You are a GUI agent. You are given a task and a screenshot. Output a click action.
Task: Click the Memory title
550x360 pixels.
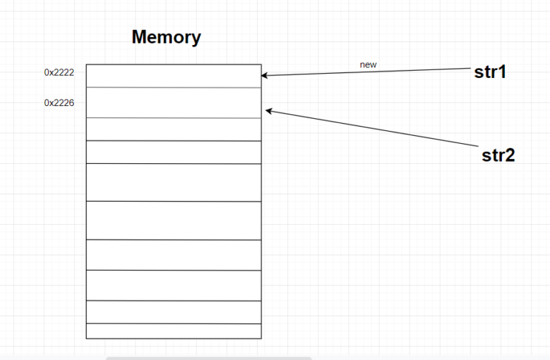pos(166,38)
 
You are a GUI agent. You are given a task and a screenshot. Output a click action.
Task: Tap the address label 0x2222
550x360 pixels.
pos(59,72)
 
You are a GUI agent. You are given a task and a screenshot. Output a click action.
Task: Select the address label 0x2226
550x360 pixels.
pos(59,102)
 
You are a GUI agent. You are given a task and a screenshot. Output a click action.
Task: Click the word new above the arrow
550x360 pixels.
pos(368,65)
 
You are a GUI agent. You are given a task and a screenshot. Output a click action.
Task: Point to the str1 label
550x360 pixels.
pos(491,72)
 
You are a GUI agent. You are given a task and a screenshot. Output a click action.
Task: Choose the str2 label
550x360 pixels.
pos(498,155)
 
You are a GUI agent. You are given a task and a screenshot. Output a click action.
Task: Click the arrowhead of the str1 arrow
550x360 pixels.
pos(264,74)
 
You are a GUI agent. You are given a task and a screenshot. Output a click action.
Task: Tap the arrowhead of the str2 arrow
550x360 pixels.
pos(269,110)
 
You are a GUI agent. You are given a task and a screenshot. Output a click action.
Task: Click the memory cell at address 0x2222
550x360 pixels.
pos(173,76)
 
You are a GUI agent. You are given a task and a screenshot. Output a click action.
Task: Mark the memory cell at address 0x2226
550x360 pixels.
pos(173,102)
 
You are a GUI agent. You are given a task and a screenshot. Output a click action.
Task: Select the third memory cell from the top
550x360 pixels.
pos(173,130)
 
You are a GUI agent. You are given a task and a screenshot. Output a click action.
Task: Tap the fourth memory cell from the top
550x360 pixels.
pos(173,152)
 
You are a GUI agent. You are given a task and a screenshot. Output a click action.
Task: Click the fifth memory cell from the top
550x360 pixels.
pos(173,183)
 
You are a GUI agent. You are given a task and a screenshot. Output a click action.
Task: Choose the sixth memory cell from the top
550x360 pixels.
pos(173,220)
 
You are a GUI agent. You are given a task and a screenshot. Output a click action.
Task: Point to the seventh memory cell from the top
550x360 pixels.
pos(173,255)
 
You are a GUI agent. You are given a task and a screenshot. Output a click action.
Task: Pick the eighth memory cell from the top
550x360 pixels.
pos(173,286)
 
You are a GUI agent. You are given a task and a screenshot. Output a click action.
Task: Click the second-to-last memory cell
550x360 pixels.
pos(173,312)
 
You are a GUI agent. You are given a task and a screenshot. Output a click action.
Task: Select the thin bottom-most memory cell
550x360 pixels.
pos(173,331)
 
